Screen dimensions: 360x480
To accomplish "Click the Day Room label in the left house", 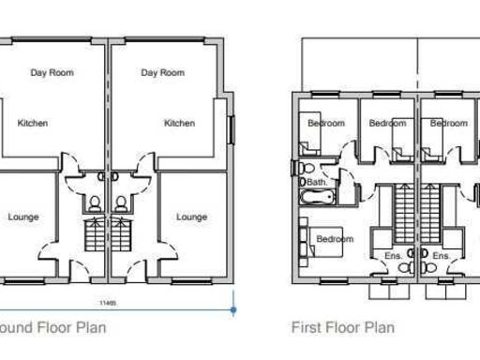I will [52, 73].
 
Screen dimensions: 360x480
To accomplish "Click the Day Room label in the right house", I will [162, 73].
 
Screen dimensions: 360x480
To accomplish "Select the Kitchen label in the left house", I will [33, 123].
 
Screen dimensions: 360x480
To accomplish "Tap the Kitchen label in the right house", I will [179, 123].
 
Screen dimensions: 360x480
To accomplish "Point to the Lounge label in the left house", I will [23, 217].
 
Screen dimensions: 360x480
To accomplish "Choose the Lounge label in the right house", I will [191, 217].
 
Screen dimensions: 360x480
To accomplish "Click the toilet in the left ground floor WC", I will [95, 203].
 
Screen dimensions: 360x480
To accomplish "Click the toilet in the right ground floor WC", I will [120, 203].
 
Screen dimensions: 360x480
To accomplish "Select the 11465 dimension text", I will [108, 302].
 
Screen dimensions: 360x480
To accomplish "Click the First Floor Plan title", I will [342, 328].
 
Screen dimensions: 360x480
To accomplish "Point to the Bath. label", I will [317, 182].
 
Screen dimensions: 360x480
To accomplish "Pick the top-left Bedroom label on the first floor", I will [326, 124].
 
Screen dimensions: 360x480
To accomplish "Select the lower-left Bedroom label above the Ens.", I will [334, 239].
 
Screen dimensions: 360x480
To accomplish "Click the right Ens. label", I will [441, 255].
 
